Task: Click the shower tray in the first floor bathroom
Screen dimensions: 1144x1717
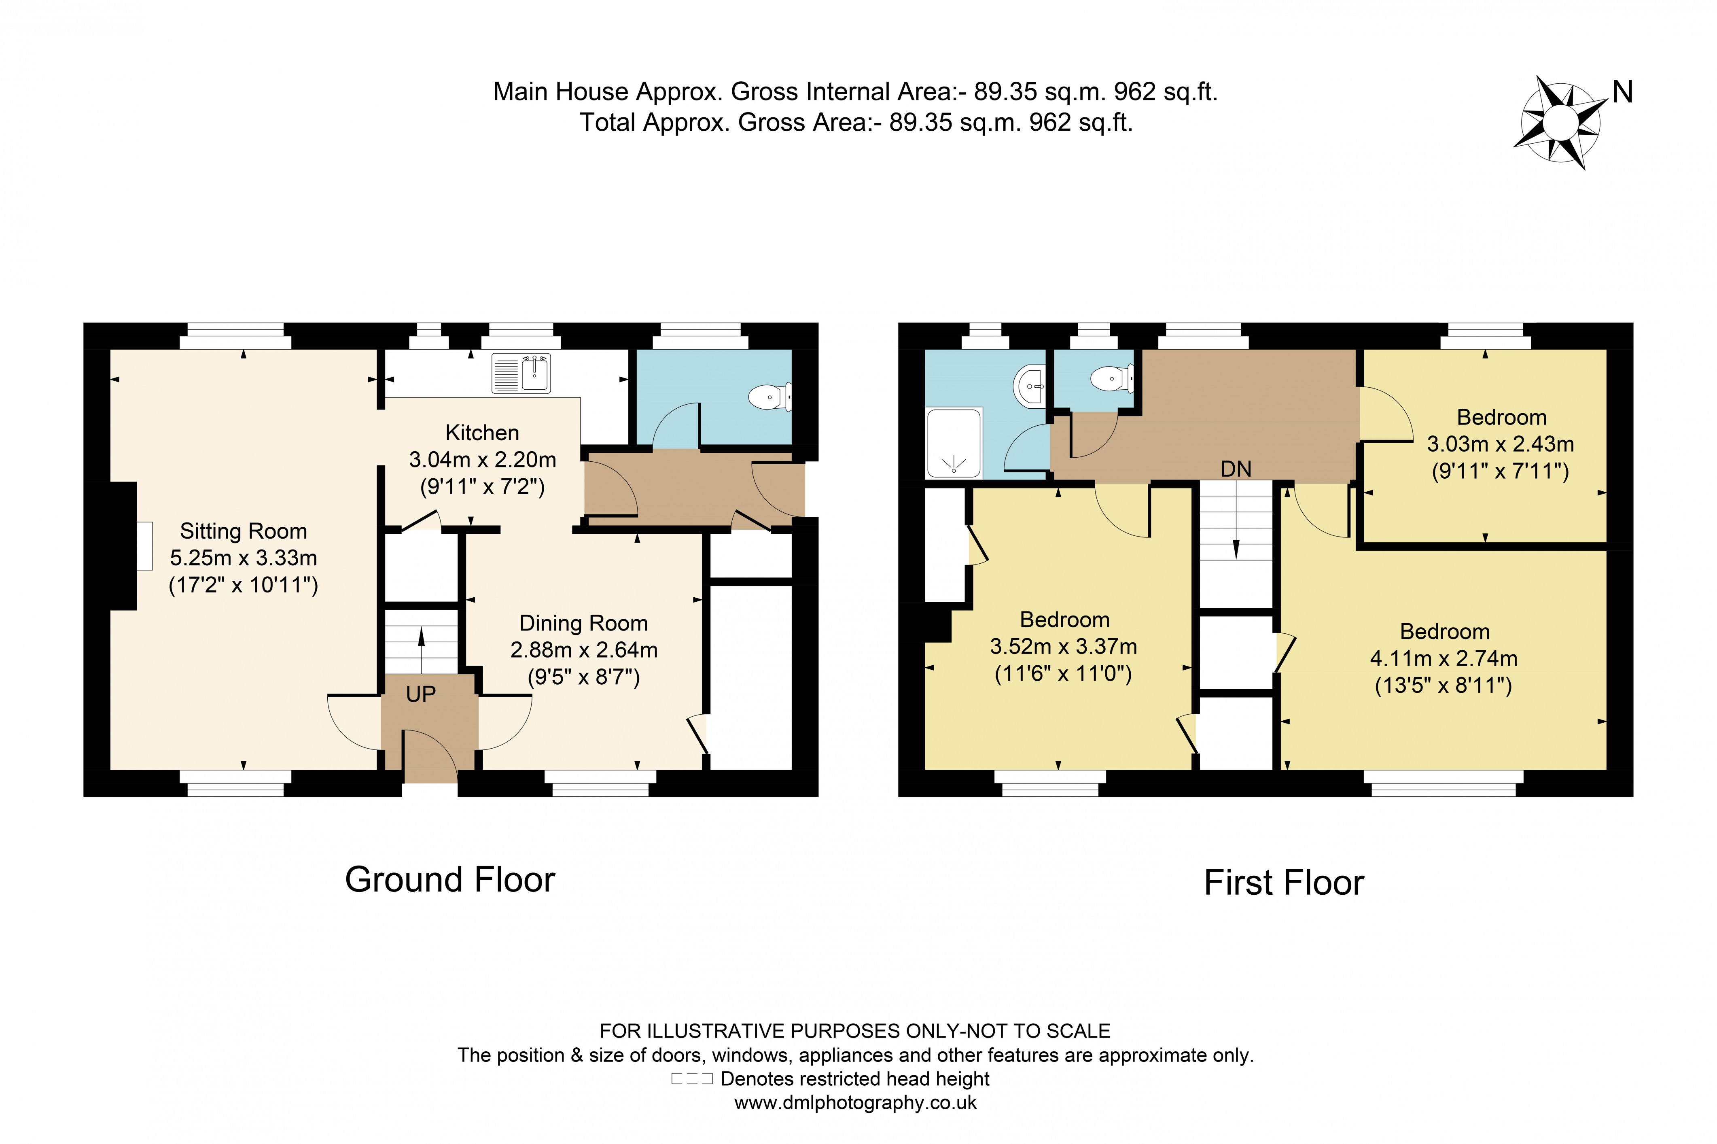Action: tap(953, 443)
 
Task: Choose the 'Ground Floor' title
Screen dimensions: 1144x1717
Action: tap(449, 879)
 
